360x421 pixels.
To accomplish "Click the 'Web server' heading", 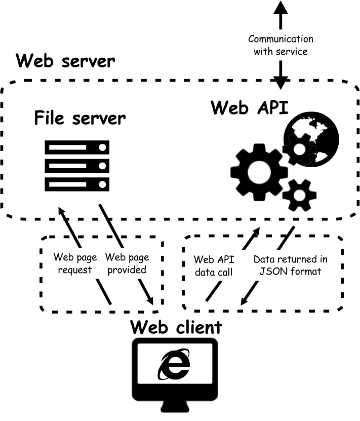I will coord(65,61).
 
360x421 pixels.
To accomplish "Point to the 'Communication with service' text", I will coord(281,45).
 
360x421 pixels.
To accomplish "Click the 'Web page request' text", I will coord(74,263).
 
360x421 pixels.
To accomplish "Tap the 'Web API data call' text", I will coord(214,265).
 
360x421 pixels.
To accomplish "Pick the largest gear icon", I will coord(256,171).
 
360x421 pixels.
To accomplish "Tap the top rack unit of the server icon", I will coord(77,147).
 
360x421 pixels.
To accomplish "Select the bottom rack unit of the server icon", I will coord(77,182).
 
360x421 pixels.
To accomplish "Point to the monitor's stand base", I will coord(175,408).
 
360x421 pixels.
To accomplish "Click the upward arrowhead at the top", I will coord(281,7).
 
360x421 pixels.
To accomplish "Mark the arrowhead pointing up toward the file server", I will coord(62,211).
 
